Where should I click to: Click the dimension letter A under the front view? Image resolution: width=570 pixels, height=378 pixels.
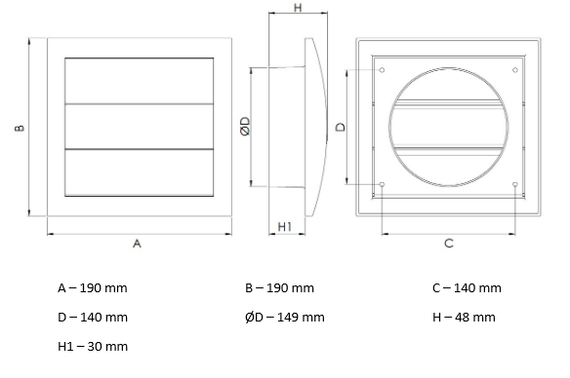click(137, 245)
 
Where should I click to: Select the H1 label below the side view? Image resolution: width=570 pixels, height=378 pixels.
click(284, 226)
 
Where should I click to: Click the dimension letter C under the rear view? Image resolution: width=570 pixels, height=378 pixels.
click(448, 244)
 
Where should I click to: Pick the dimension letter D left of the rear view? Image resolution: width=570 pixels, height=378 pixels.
click(340, 127)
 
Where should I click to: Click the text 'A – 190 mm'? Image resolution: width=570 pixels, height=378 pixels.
click(93, 288)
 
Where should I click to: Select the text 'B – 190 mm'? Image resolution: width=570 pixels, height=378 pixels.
click(280, 288)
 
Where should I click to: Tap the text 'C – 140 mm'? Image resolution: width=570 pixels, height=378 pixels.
click(467, 288)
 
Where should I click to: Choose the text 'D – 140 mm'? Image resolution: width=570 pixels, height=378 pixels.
click(93, 317)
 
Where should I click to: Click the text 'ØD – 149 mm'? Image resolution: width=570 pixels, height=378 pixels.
click(285, 317)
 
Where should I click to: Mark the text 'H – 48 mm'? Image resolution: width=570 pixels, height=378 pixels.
click(464, 317)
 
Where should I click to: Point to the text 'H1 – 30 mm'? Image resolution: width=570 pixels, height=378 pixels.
click(93, 345)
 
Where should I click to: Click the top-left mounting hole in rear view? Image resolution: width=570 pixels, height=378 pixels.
click(382, 70)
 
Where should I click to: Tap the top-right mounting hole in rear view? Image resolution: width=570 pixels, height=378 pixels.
click(514, 70)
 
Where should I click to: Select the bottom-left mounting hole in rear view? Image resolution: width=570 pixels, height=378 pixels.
click(382, 183)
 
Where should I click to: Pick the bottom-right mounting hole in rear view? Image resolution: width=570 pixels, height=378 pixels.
click(514, 183)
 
